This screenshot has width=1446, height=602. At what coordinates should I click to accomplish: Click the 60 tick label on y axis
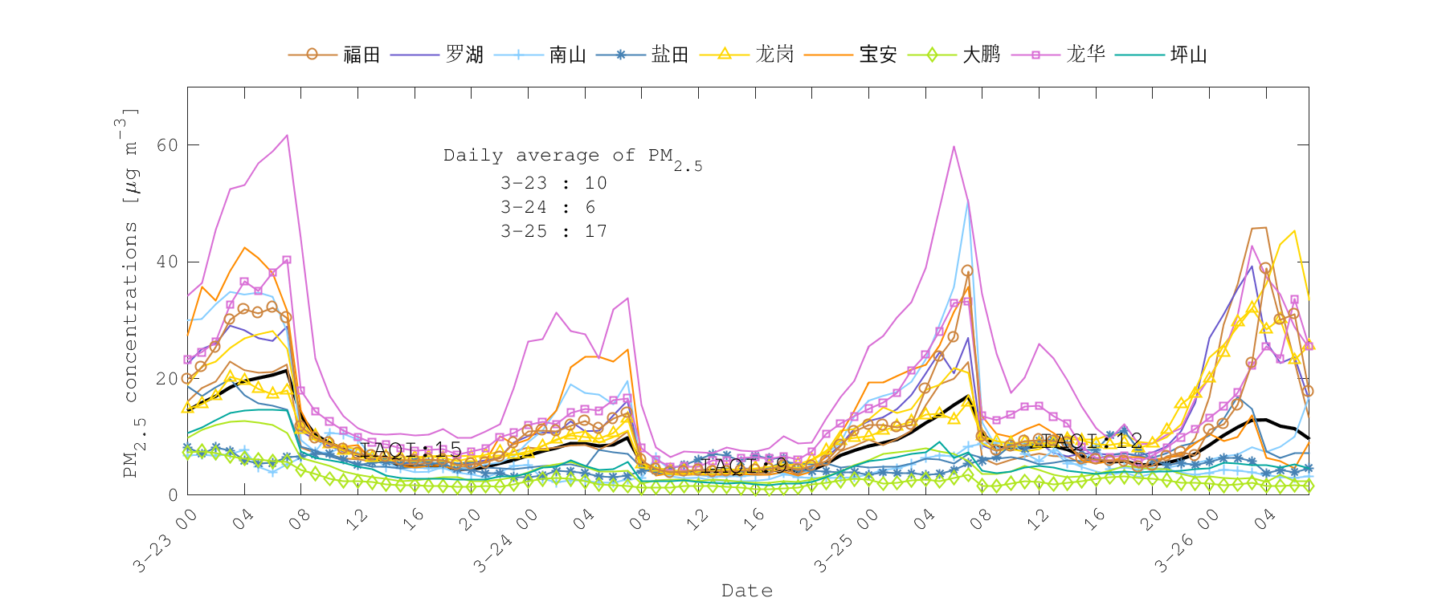(x=167, y=145)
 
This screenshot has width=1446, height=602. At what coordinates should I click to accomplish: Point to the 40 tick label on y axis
(x=167, y=262)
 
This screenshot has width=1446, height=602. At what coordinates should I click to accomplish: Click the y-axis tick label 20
(x=167, y=379)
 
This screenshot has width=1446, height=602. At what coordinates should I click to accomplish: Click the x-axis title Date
(x=747, y=591)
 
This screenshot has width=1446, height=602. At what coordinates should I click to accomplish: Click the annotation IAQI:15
(x=411, y=449)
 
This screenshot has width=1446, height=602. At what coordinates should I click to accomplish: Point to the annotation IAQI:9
(x=745, y=466)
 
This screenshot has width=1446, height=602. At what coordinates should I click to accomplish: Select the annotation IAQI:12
(x=1092, y=441)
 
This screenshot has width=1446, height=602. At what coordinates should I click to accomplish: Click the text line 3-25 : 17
(x=553, y=231)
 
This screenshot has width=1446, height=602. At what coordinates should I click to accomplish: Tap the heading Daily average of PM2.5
(x=572, y=157)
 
